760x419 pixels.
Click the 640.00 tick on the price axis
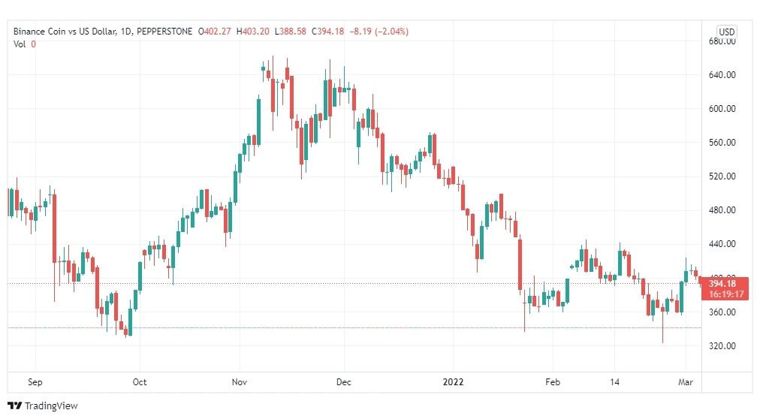click(722, 74)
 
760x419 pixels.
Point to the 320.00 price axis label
click(722, 346)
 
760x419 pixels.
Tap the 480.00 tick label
click(722, 210)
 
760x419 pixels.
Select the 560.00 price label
click(722, 143)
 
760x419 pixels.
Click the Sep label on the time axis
click(35, 382)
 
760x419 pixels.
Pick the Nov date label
click(240, 382)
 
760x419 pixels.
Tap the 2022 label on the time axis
click(453, 382)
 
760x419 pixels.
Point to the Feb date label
click(553, 382)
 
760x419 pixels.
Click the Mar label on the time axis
click(686, 382)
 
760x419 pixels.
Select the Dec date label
click(344, 382)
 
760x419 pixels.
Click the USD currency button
click(726, 32)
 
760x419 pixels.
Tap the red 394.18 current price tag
click(725, 288)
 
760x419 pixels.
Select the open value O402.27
click(214, 32)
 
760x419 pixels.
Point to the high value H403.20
click(252, 32)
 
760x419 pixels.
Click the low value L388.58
click(291, 32)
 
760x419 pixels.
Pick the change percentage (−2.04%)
click(391, 32)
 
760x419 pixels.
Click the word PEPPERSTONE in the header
click(164, 32)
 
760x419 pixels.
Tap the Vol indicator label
click(20, 44)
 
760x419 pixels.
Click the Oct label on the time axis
click(140, 382)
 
